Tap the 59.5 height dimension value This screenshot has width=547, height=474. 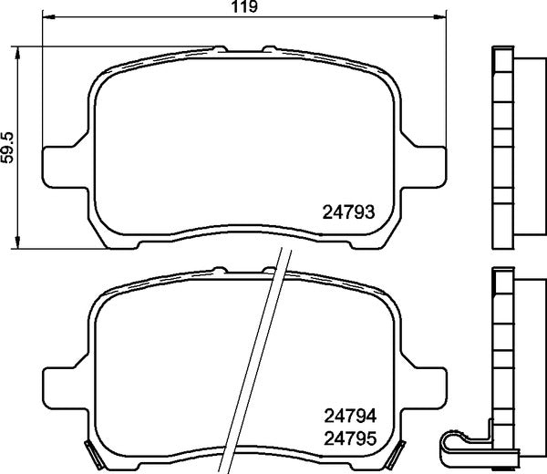click(x=8, y=146)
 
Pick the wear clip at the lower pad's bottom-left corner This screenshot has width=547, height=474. click(x=90, y=448)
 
